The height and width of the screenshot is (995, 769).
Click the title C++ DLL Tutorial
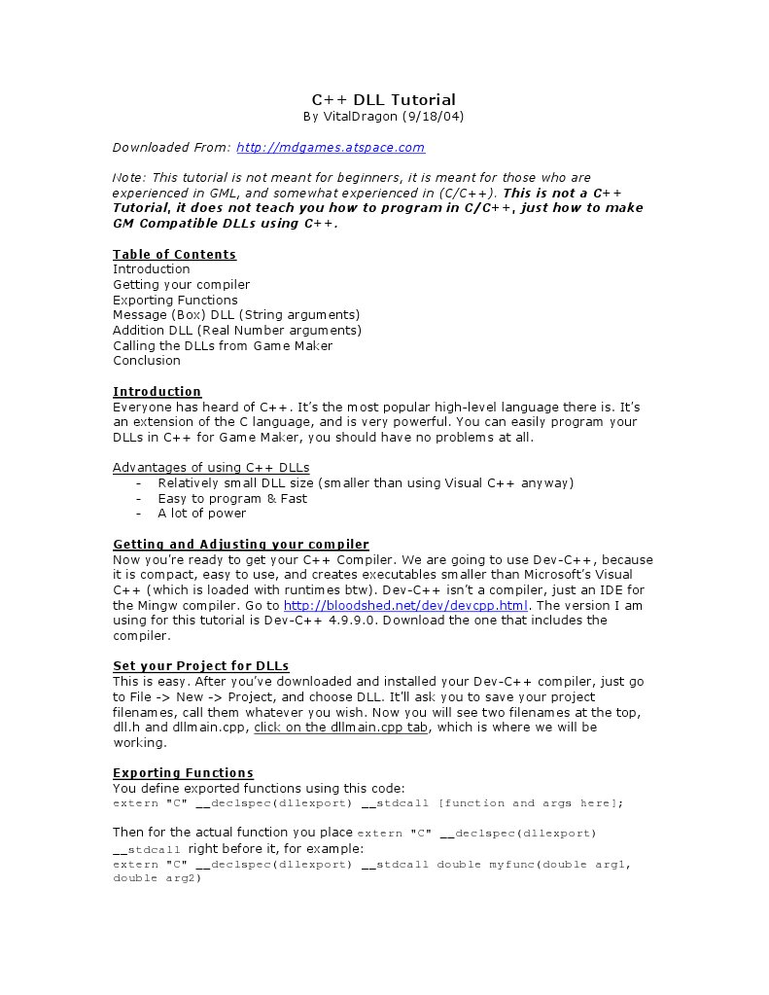click(x=383, y=99)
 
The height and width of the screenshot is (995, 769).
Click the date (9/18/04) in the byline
click(x=433, y=117)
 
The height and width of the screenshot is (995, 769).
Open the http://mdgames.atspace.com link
click(x=331, y=148)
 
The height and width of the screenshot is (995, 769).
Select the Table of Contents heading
click(x=174, y=255)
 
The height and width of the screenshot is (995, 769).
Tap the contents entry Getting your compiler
click(x=181, y=285)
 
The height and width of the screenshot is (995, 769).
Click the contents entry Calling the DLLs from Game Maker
click(x=223, y=345)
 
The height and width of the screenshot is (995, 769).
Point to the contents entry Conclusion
click(x=147, y=361)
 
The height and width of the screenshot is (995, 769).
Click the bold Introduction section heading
click(x=157, y=392)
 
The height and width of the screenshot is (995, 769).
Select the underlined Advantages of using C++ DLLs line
click(x=211, y=468)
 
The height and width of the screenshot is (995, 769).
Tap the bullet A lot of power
click(x=202, y=514)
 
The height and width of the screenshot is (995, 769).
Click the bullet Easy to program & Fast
click(x=232, y=499)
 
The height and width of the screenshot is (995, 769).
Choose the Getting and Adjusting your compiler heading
click(x=241, y=545)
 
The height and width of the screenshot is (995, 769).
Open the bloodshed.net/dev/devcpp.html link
click(x=406, y=605)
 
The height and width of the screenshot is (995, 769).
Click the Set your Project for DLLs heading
click(x=201, y=666)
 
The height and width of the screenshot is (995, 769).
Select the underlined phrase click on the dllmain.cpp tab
click(x=340, y=728)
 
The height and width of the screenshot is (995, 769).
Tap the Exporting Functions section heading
click(x=183, y=773)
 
